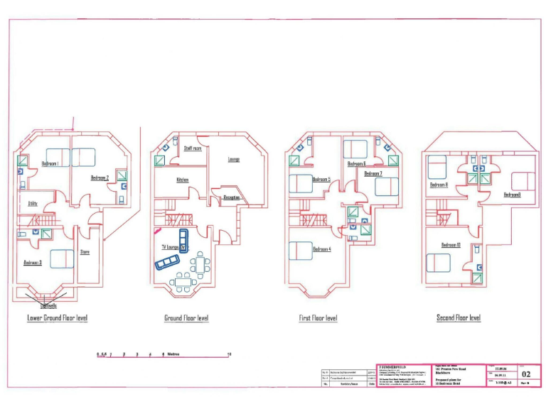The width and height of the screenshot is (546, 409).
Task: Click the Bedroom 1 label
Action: [50, 164]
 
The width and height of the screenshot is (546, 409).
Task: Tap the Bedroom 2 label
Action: [100, 178]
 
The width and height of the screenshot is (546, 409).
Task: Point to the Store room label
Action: [85, 252]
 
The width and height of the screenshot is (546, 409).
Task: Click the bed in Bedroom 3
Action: [62, 258]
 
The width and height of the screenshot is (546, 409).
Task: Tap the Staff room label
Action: [193, 148]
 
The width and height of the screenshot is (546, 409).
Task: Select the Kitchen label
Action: [182, 180]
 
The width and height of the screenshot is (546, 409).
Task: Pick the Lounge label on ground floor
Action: [234, 159]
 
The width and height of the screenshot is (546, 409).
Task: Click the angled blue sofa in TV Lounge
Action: [168, 263]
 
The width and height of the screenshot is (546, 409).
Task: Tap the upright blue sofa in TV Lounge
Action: [183, 240]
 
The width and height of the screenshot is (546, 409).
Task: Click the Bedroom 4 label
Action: [322, 249]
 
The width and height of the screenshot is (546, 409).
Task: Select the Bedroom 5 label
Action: [322, 180]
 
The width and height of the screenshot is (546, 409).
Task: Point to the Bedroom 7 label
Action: [373, 173]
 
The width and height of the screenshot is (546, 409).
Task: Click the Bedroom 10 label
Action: [451, 246]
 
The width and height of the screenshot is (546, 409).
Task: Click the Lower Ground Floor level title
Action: [53, 318]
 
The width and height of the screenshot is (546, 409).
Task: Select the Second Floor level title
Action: [459, 318]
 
